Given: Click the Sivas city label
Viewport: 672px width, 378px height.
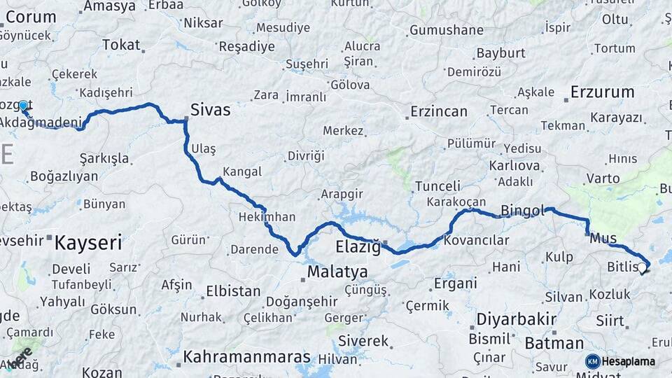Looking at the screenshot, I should tap(211, 110).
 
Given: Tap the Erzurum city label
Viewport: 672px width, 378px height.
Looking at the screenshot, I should tap(602, 92).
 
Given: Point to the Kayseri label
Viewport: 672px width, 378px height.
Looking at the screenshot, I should tap(88, 243).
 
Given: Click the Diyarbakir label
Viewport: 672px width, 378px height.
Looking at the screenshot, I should tap(516, 320).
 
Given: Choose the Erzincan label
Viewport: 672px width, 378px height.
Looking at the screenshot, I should tap(438, 111).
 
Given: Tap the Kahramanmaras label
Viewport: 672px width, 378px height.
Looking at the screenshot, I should tap(246, 357).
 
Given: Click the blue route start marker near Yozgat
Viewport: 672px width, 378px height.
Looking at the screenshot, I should tap(23, 106).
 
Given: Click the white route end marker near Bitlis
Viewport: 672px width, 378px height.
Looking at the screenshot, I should tap(641, 267).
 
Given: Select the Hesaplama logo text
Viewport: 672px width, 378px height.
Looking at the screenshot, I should tap(629, 362).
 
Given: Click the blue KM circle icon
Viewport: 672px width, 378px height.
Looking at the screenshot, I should tap(592, 362).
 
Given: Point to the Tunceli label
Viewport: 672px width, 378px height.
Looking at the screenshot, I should tap(437, 186).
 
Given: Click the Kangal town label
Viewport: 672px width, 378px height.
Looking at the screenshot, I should tap(242, 171).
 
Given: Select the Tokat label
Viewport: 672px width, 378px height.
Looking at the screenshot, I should tap(121, 45).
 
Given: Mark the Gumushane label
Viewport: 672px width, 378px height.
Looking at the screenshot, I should tap(446, 30).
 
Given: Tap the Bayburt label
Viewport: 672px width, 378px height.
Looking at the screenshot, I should tap(500, 53).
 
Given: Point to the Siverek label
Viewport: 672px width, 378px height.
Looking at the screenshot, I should tap(363, 341).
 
